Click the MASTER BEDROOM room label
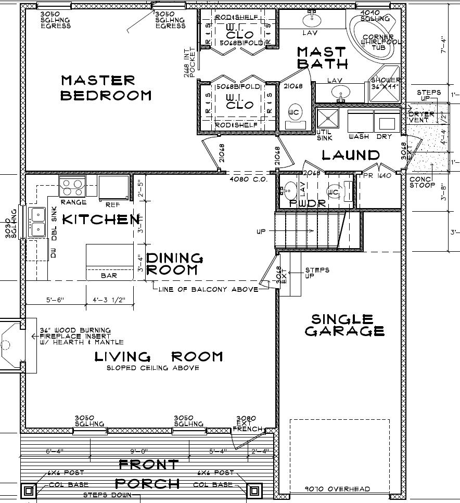106,88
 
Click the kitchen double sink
37,222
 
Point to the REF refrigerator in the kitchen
113,186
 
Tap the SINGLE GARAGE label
344,325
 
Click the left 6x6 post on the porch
29,490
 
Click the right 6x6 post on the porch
254,490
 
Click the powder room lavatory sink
289,189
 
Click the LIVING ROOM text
159,356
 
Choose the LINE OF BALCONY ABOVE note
208,289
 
